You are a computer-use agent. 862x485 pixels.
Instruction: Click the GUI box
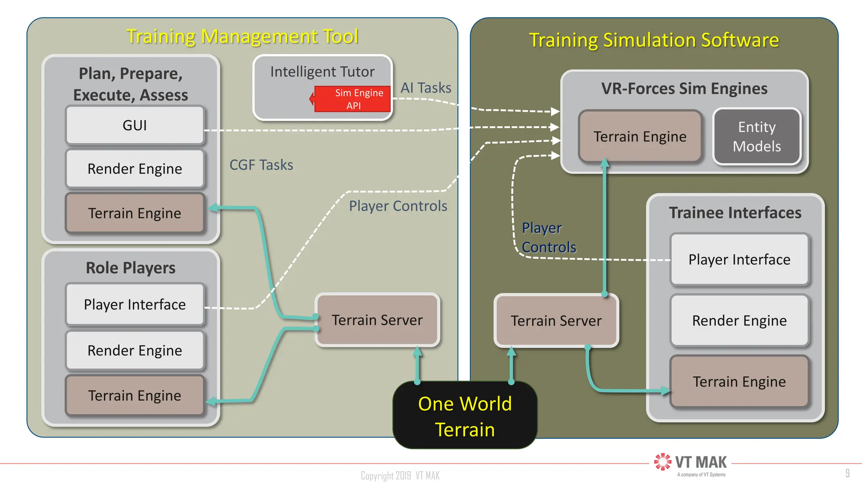tap(135, 125)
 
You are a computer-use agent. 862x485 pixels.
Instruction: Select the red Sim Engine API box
tap(354, 99)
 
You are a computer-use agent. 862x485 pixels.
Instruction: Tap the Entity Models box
tap(756, 136)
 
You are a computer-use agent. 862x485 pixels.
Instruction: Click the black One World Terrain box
tap(465, 416)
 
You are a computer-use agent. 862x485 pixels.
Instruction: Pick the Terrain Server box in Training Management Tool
tap(377, 320)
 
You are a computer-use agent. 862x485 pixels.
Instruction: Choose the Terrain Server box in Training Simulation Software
tap(556, 321)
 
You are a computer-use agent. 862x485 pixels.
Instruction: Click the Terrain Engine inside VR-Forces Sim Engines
tap(640, 136)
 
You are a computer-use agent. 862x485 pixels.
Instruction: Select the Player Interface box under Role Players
tap(135, 304)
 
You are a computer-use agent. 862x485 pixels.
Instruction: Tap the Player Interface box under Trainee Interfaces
tap(739, 259)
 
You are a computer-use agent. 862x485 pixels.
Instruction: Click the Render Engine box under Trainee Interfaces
tap(739, 321)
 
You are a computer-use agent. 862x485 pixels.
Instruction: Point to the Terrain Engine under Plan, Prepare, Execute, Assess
tap(135, 213)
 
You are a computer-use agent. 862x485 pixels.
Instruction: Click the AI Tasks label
tap(426, 88)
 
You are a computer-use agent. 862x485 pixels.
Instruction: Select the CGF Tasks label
tap(261, 165)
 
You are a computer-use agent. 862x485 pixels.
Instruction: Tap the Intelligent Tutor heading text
tap(322, 72)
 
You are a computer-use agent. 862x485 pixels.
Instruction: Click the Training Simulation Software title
tap(654, 40)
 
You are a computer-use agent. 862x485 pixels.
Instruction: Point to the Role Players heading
tap(130, 268)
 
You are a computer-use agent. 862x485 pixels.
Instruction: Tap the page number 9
tap(847, 473)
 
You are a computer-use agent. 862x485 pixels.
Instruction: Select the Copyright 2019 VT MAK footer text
tap(400, 476)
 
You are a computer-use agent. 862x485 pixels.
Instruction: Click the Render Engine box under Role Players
tap(135, 350)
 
